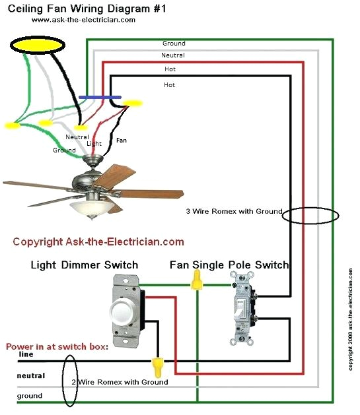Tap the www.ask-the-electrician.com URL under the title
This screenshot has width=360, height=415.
[x=83, y=20]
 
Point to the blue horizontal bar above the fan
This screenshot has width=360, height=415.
[x=104, y=97]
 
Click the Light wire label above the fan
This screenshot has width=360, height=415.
[x=94, y=143]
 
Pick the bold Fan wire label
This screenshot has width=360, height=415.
[x=122, y=141]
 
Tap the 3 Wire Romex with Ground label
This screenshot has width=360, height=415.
[x=234, y=212]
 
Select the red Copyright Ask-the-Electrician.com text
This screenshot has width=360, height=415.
[x=98, y=242]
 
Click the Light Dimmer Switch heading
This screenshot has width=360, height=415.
[x=85, y=265]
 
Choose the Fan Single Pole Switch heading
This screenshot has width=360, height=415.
[x=229, y=265]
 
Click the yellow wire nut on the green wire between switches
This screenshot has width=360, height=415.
[x=196, y=282]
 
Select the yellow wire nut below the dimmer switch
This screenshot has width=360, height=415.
[x=157, y=364]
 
